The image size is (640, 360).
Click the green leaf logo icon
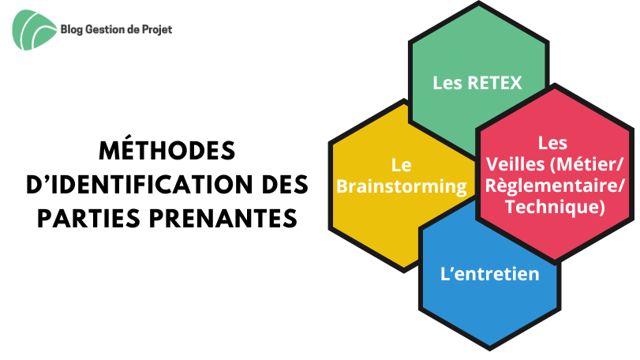coord(34,30)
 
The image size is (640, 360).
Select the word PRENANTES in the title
coord(223,219)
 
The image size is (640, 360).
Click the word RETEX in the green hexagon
coord(494,83)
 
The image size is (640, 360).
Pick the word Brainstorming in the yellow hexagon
coord(402,186)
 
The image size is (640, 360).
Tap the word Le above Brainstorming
coord(401,165)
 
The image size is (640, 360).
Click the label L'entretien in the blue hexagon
coord(490,273)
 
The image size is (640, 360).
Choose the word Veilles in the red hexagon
coord(515,164)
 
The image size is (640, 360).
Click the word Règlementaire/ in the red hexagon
coord(555,186)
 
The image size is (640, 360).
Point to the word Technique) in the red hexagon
coord(555,207)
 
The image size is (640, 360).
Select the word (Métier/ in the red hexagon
coord(587,164)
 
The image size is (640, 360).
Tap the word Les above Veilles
coord(552,143)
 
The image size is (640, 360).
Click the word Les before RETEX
coord(447,83)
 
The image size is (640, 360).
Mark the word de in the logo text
coord(133,29)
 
